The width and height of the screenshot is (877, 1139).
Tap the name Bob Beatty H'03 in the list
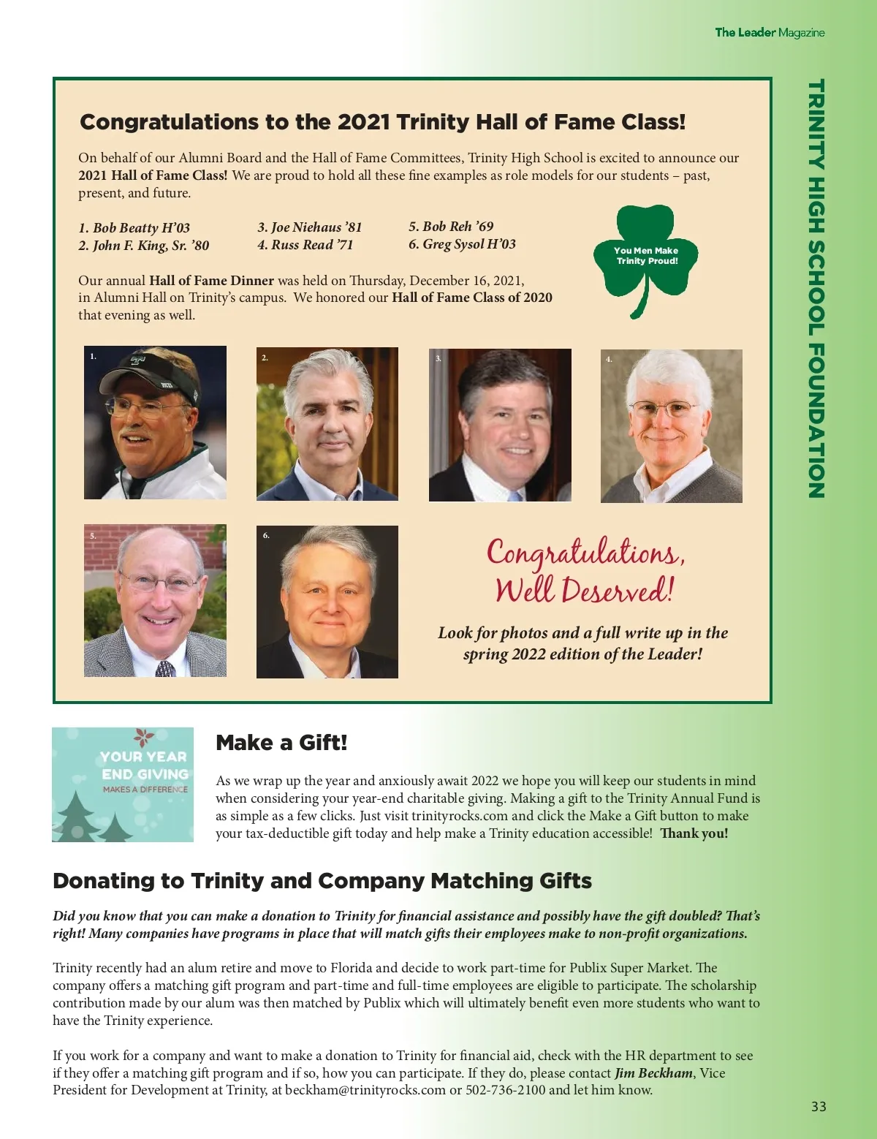point(134,227)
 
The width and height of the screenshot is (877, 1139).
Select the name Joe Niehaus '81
point(310,227)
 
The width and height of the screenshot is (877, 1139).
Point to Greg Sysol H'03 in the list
point(462,244)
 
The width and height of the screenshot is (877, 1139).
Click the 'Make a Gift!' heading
point(281,743)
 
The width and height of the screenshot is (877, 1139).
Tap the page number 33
point(819,1107)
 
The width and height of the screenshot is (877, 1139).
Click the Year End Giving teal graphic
point(123,784)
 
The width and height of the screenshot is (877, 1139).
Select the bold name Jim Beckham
point(653,1073)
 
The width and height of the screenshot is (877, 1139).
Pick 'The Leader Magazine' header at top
point(770,32)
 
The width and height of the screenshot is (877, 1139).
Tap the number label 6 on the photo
point(266,536)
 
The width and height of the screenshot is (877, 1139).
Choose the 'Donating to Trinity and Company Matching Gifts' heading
point(322,881)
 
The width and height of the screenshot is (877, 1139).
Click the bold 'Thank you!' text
point(694,833)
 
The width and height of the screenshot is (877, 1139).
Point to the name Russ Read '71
point(305,245)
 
